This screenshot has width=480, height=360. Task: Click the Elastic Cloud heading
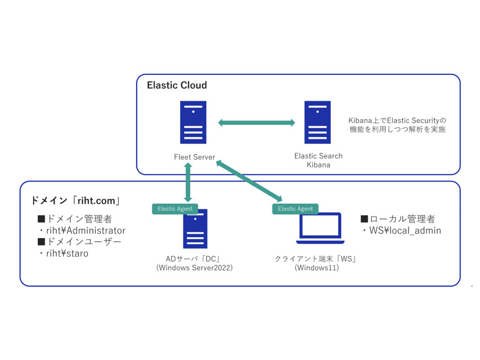click(x=177, y=85)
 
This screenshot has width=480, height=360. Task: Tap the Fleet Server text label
click(x=194, y=157)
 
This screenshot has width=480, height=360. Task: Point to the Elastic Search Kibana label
click(x=318, y=160)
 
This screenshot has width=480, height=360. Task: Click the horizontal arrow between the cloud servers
click(x=256, y=123)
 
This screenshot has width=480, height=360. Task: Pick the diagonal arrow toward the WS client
click(x=249, y=182)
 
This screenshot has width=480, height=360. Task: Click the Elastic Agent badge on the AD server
click(x=175, y=208)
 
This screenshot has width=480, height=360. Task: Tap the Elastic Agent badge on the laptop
click(x=295, y=208)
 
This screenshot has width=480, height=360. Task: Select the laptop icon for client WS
click(x=320, y=229)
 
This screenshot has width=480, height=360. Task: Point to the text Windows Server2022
click(x=195, y=268)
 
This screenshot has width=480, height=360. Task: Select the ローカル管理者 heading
click(x=397, y=219)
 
